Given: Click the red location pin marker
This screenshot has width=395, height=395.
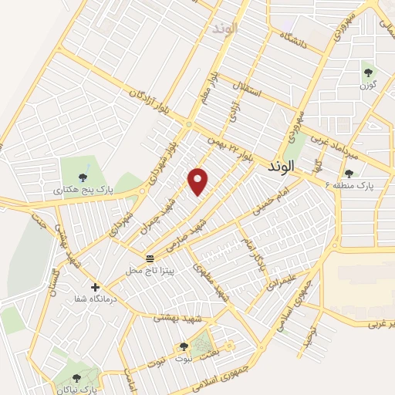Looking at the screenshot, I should [x=199, y=181].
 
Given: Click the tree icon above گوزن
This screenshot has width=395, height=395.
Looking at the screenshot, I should [x=367, y=73].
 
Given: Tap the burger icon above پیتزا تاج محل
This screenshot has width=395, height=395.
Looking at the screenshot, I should [x=149, y=258].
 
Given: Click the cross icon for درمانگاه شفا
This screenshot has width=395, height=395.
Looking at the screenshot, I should [x=95, y=287].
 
